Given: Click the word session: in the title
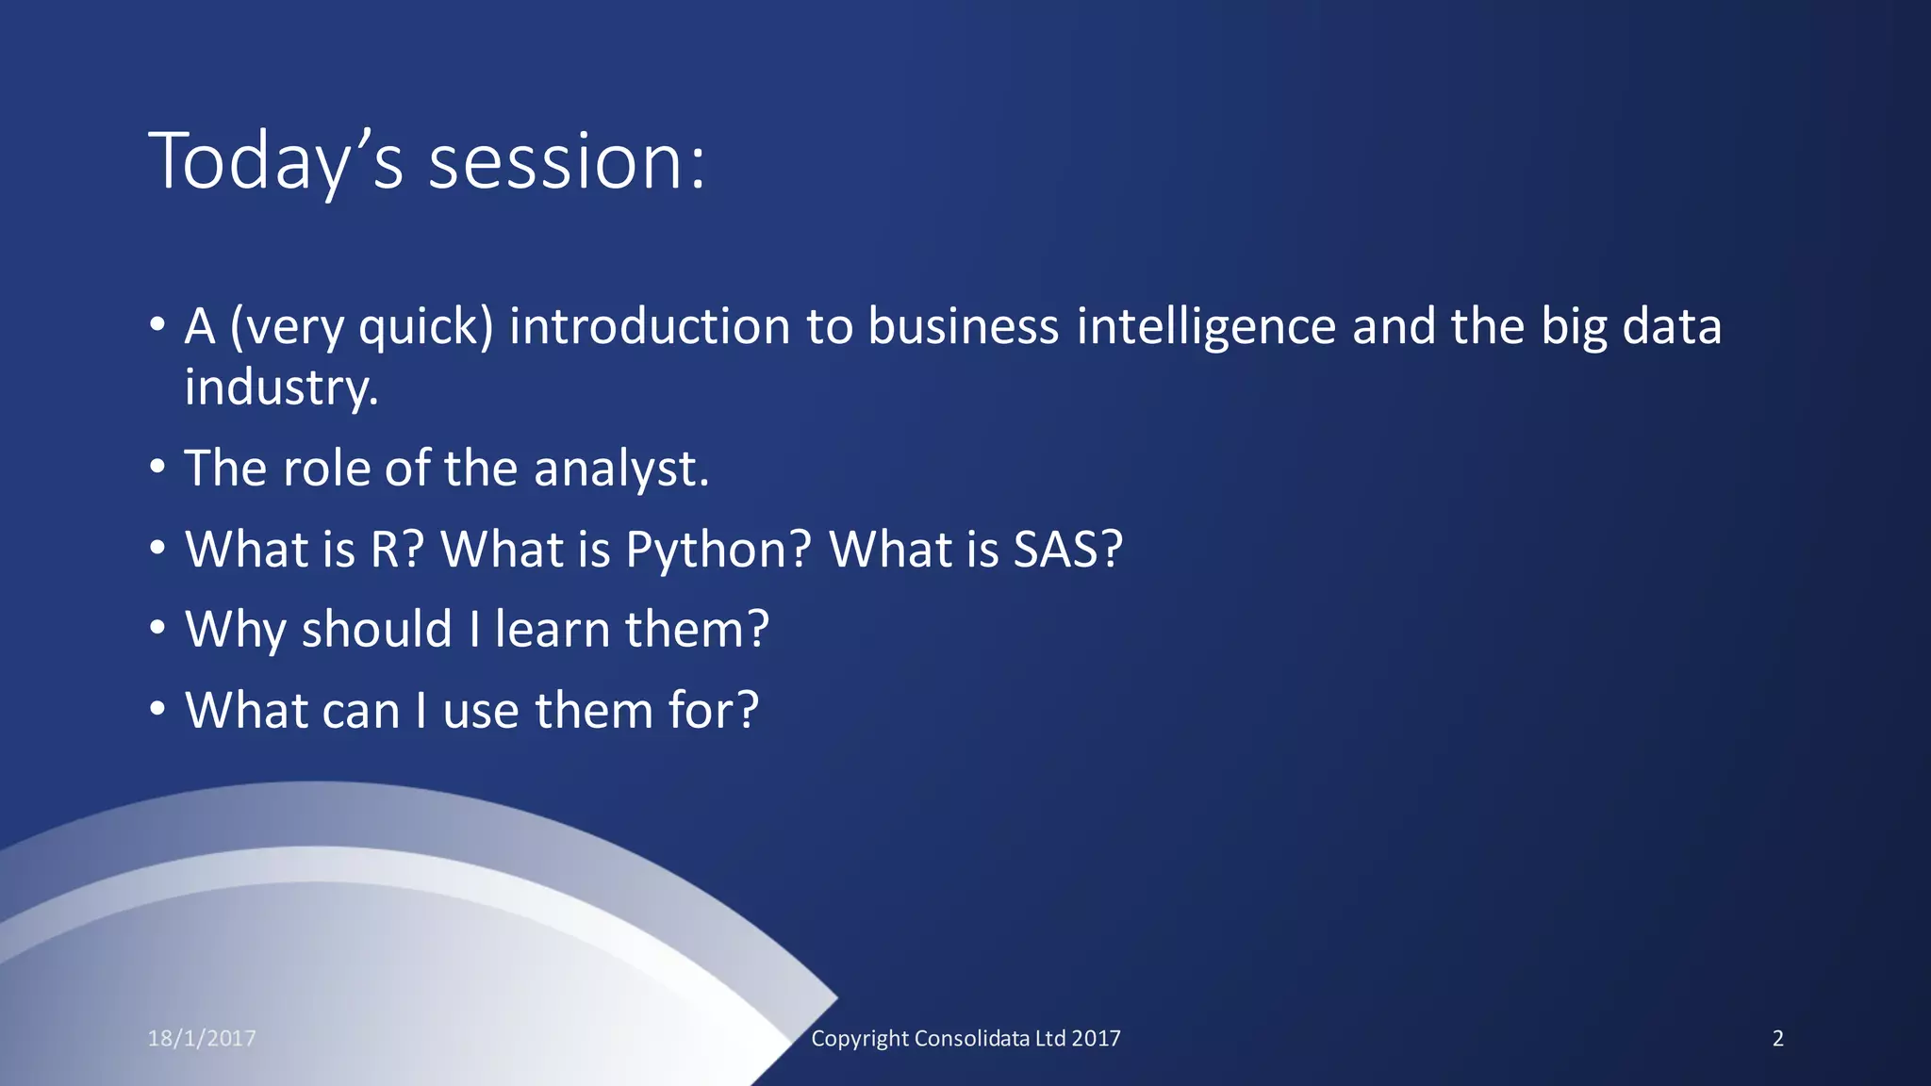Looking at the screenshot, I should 567,162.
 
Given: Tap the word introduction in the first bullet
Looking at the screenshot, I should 649,327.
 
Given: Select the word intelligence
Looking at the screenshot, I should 1206,327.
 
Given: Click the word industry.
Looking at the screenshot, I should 281,387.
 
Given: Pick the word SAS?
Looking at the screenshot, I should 1068,550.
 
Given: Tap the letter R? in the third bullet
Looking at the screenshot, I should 397,550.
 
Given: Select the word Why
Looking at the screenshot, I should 236,630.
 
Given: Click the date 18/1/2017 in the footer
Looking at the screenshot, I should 202,1038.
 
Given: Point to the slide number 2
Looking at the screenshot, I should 1777,1038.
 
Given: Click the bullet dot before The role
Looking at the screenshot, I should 158,467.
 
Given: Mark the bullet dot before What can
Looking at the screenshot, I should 158,709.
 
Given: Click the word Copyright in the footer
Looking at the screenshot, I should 860,1038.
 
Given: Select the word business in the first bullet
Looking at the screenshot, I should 964,327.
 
